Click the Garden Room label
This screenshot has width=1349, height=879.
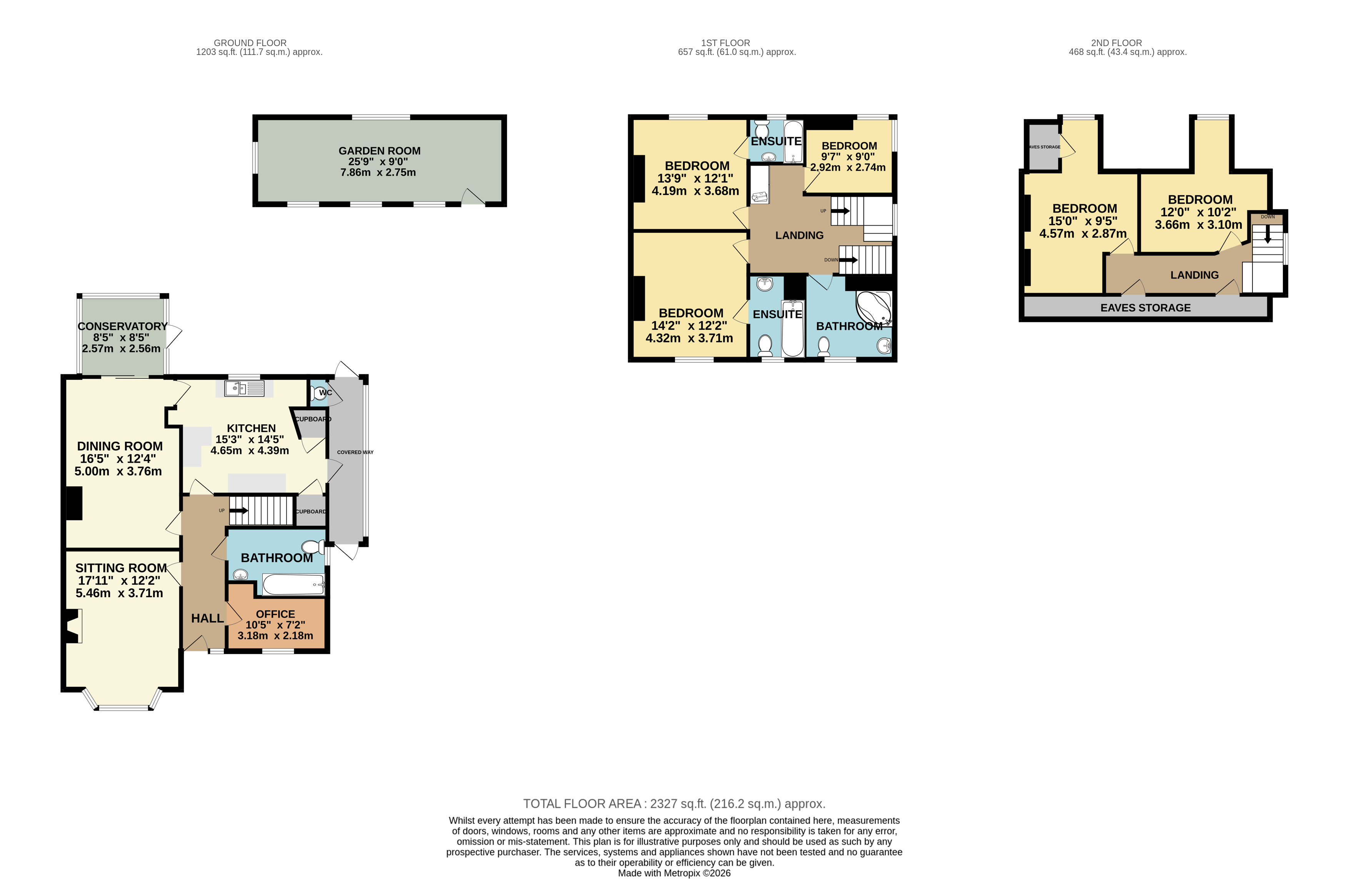click(379, 151)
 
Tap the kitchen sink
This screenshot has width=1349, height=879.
click(244, 389)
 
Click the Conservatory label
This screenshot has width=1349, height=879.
click(122, 326)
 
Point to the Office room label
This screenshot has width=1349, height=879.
click(275, 614)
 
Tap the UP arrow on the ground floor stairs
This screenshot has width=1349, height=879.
click(238, 511)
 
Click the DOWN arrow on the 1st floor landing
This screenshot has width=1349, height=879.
click(848, 260)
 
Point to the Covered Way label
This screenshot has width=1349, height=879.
click(355, 452)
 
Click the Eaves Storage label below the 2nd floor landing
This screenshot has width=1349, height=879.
click(1146, 307)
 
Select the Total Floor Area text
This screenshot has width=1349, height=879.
click(674, 804)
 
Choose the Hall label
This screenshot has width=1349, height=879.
click(207, 618)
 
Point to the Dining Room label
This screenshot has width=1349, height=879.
click(120, 446)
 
